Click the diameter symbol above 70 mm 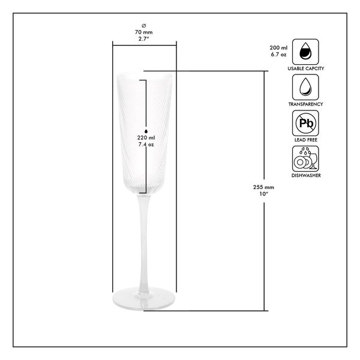[x=144, y=25]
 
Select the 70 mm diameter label [x=144, y=32]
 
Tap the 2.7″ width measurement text [x=144, y=39]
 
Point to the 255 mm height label [x=263, y=187]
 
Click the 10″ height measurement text [x=264, y=194]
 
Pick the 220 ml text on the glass [x=146, y=138]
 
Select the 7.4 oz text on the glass [x=146, y=145]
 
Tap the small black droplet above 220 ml [x=146, y=131]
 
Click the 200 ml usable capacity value [x=278, y=48]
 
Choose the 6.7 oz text [x=278, y=55]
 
